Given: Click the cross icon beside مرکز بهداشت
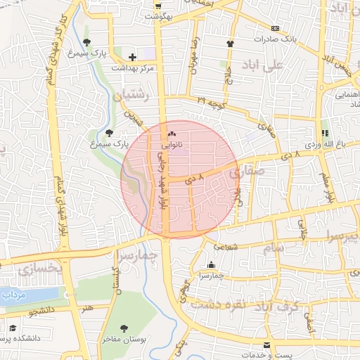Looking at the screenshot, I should point(132,57).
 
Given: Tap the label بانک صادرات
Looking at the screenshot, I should point(286,39).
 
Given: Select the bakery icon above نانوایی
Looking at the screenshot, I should point(172,134).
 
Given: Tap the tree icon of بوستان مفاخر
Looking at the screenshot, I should point(124,328).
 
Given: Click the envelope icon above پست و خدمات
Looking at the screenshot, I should point(266,345).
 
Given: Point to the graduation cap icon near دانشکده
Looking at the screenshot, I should point(12,328).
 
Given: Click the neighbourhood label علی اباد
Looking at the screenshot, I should point(260,65).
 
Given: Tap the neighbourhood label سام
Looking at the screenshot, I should point(274,248).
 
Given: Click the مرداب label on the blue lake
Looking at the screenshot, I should point(13,295).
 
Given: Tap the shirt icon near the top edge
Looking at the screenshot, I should point(230,43).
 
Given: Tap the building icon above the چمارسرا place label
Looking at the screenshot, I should point(211,265).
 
